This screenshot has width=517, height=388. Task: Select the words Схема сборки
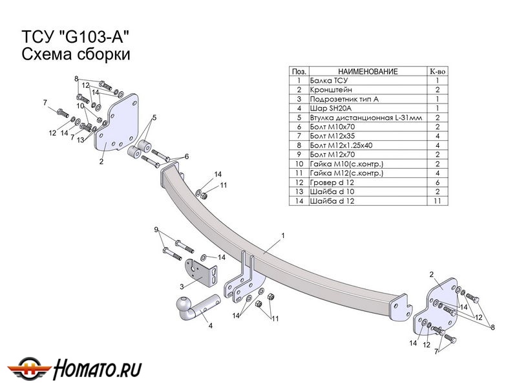77,54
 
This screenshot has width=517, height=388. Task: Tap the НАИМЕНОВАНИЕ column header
368,71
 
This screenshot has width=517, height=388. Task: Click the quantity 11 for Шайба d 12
438,202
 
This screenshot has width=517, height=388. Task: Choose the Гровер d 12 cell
333,183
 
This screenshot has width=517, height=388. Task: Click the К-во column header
438,71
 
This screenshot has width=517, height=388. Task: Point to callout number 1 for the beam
283,235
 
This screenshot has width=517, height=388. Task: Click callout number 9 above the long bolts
156,230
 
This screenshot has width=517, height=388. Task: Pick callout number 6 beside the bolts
186,156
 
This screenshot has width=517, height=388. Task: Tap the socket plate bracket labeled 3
201,272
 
